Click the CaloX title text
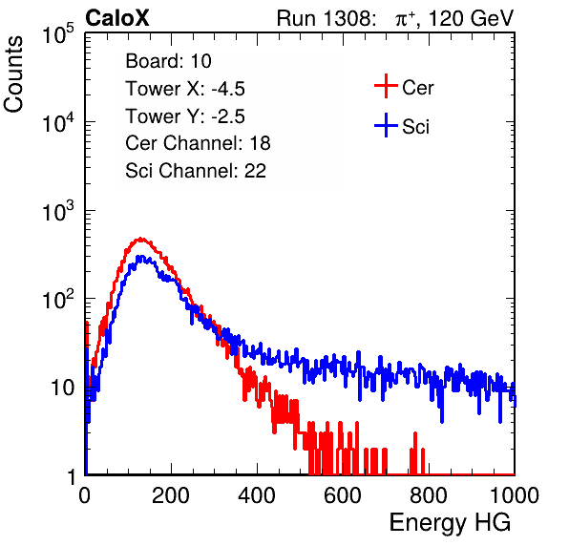point(116,18)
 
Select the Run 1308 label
point(326,18)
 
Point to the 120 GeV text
point(471,18)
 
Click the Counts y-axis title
point(13,74)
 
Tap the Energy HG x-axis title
point(450,523)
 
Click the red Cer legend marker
point(386,86)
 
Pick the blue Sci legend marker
point(386,126)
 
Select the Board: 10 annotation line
point(168,61)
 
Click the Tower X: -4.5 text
point(185,89)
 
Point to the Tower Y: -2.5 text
point(185,116)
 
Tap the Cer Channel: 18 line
point(198,143)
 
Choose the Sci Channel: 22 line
point(196,171)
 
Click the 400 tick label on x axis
point(257,495)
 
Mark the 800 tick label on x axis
point(429,495)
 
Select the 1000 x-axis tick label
point(515,495)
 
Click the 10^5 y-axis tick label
point(58,34)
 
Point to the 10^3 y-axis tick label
point(58,211)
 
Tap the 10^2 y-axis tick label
point(58,300)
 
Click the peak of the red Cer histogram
point(140,239)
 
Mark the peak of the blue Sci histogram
point(140,257)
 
